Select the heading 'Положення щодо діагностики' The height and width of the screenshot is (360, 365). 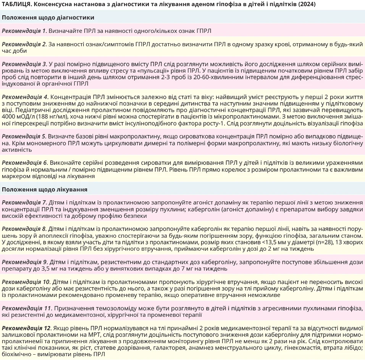point(48,18)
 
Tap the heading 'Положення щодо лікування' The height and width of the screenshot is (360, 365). point(45,189)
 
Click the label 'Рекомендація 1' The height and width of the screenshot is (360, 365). point(24,31)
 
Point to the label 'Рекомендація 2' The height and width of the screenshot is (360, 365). point(24,44)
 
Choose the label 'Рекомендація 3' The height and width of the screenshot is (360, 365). point(24,64)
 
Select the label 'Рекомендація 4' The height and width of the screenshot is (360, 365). point(24,96)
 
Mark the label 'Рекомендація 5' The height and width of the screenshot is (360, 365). point(24,136)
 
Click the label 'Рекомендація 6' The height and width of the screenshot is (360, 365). point(24,162)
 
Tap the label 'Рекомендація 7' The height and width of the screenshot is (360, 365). point(24,202)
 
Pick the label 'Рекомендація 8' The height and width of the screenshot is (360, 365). point(24,229)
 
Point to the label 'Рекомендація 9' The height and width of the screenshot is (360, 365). point(24,262)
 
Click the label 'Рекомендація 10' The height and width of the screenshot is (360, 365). point(26,282)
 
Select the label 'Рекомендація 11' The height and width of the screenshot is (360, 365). point(26,308)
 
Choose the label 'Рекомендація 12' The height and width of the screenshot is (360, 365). point(26,328)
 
